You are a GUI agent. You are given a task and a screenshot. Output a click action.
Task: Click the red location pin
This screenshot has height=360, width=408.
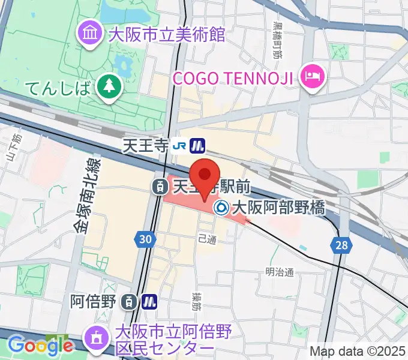pos(205,175)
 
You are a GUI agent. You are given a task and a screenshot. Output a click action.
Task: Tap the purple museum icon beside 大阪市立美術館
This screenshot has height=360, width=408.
pos(92,34)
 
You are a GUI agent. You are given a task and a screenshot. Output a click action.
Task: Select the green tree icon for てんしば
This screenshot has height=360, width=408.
pos(109,88)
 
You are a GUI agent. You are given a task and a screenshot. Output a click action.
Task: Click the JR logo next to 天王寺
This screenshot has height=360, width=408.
pos(178,145)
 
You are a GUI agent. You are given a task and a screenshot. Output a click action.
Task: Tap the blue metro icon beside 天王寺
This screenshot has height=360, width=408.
pos(197,145)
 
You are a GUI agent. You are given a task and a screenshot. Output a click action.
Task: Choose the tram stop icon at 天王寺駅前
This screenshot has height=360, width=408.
pos(160,187)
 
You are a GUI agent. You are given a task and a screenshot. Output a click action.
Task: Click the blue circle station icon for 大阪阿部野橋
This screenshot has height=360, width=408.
pos(221,208)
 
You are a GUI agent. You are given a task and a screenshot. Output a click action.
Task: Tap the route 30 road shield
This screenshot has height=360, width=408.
pos(144,239)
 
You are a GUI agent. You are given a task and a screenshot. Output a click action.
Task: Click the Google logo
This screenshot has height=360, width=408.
pos(40,345)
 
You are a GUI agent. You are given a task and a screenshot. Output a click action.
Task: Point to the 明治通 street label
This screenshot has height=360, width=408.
pos(280,272)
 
